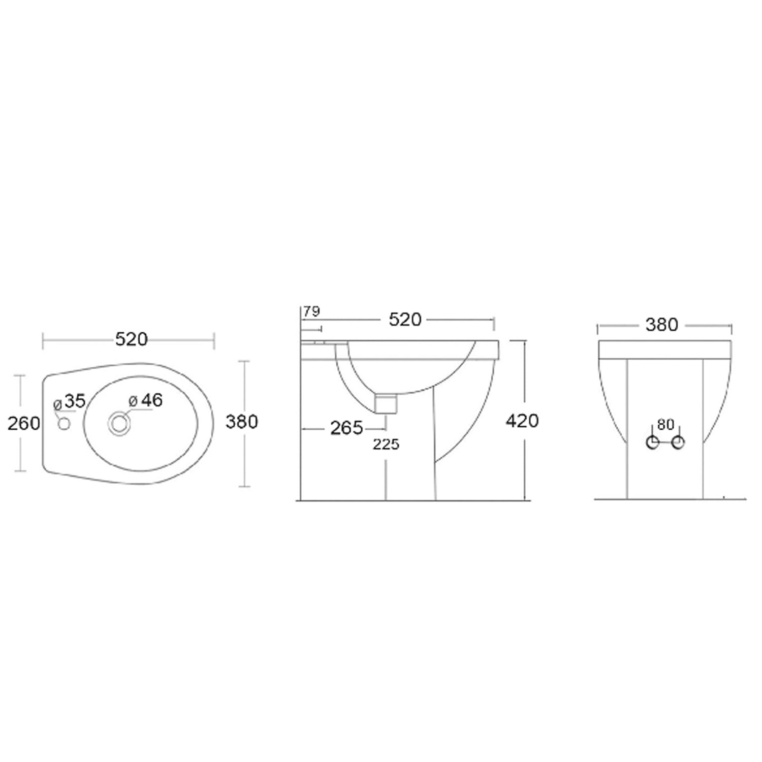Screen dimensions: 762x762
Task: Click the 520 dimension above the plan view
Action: tap(131, 339)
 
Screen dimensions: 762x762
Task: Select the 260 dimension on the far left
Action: tap(23, 423)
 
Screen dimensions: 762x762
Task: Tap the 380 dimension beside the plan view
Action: tap(242, 422)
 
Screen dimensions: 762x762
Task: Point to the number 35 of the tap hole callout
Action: tap(75, 401)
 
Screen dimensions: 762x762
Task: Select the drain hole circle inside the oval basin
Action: tap(119, 423)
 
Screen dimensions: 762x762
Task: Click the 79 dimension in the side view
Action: tap(311, 311)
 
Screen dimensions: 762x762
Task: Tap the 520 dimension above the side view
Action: tap(405, 320)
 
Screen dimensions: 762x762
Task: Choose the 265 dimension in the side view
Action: tap(346, 428)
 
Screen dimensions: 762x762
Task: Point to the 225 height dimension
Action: tap(386, 444)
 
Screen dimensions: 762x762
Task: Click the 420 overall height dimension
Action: tap(522, 421)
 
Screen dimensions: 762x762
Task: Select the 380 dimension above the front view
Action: tap(661, 325)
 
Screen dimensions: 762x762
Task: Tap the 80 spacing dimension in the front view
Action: tap(665, 424)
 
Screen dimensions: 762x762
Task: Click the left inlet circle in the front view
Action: tap(652, 442)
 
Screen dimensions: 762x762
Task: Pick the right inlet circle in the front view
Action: tap(678, 442)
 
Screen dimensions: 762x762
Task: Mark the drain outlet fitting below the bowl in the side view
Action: tap(386, 404)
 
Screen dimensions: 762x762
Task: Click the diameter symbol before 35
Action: tap(58, 405)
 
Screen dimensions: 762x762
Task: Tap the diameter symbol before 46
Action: tap(133, 401)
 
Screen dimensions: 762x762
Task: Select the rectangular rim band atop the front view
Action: tap(664, 350)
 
